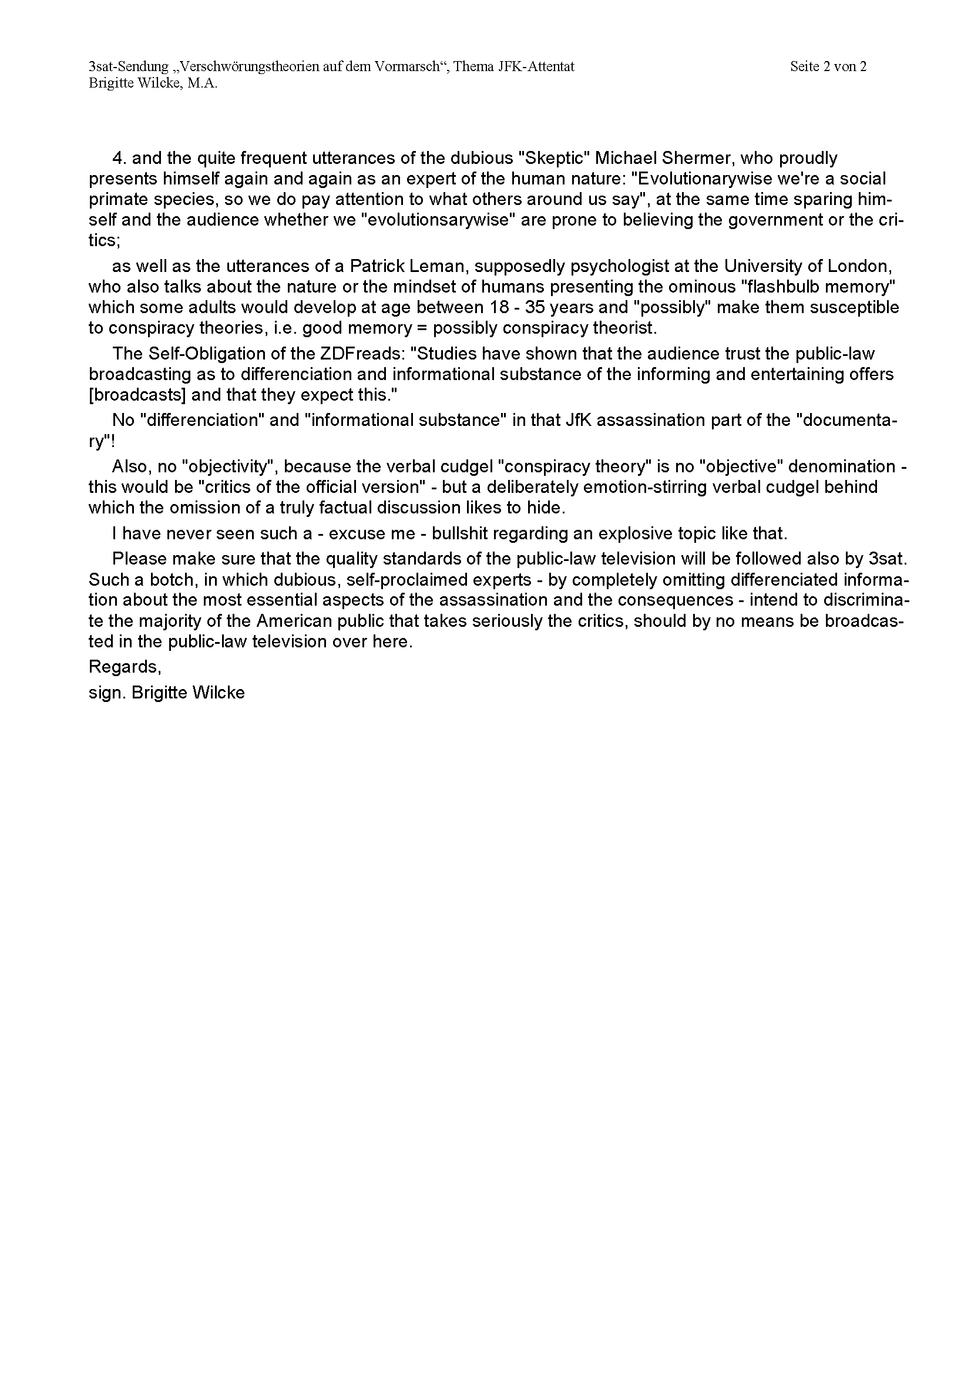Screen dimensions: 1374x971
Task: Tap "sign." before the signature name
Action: click(x=106, y=693)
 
